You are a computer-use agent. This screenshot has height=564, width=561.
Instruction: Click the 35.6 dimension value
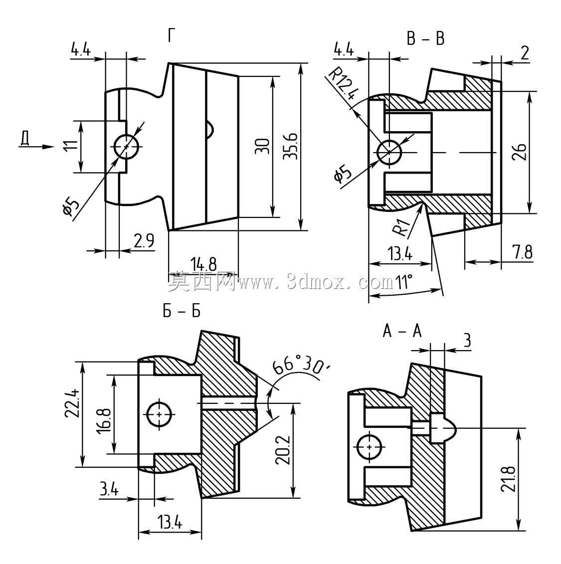tap(290, 147)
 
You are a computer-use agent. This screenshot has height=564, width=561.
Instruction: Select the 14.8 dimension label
tap(203, 264)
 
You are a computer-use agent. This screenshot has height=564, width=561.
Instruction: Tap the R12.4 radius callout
tap(343, 84)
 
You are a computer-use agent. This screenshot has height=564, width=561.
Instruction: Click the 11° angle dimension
tap(403, 282)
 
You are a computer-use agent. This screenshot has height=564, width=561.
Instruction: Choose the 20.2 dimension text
tap(283, 450)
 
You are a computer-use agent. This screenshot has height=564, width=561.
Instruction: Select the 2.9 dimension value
tap(144, 240)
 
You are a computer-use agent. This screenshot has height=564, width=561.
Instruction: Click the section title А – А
tap(402, 331)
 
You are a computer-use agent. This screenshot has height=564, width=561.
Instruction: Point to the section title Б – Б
tap(181, 311)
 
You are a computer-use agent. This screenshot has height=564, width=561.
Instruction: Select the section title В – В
tap(425, 38)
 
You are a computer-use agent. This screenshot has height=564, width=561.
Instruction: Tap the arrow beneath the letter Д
tap(36, 147)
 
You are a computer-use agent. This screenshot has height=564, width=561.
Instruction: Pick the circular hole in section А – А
tap(370, 447)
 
